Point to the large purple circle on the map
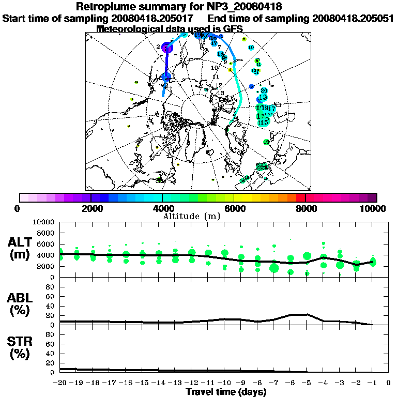(x=166, y=48)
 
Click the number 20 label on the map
(x=264, y=90)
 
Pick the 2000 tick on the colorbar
(x=91, y=208)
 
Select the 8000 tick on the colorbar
(x=306, y=208)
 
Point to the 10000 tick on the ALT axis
(x=43, y=222)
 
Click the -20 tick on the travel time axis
(x=60, y=383)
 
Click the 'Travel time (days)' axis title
(x=226, y=392)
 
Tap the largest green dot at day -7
(x=274, y=268)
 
